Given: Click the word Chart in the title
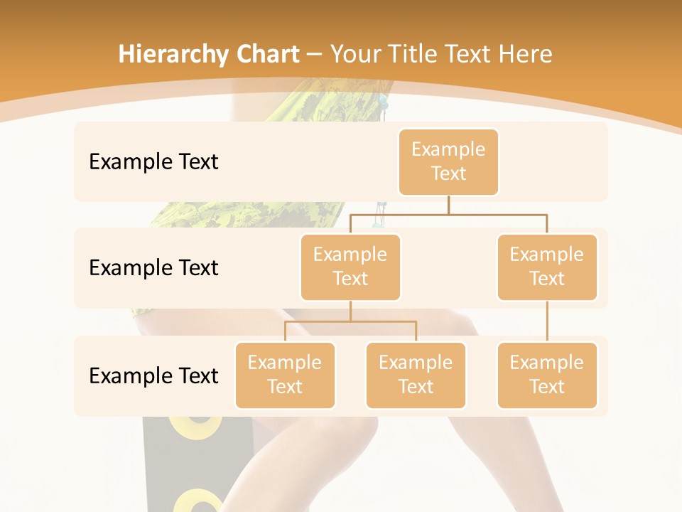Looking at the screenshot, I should (x=269, y=54).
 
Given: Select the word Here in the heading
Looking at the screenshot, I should (x=525, y=54).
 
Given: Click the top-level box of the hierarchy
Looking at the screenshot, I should (x=448, y=162).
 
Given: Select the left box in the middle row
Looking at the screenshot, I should (x=350, y=267).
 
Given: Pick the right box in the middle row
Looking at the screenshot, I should (x=547, y=267).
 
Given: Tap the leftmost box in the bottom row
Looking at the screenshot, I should (x=285, y=375).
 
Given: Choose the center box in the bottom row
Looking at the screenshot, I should (x=416, y=375).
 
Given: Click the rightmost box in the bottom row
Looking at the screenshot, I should (x=547, y=375).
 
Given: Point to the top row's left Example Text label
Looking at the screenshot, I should (x=153, y=162).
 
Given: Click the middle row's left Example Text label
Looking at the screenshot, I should (x=153, y=268).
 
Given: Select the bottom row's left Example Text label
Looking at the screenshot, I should (x=153, y=375).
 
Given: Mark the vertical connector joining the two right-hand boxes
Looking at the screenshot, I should (x=547, y=321).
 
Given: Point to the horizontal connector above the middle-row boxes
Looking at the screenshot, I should (x=448, y=214).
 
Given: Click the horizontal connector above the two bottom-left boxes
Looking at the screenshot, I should (x=350, y=321).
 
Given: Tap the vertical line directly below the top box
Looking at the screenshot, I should (x=448, y=205).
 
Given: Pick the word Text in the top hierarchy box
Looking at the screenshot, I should (x=448, y=174).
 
